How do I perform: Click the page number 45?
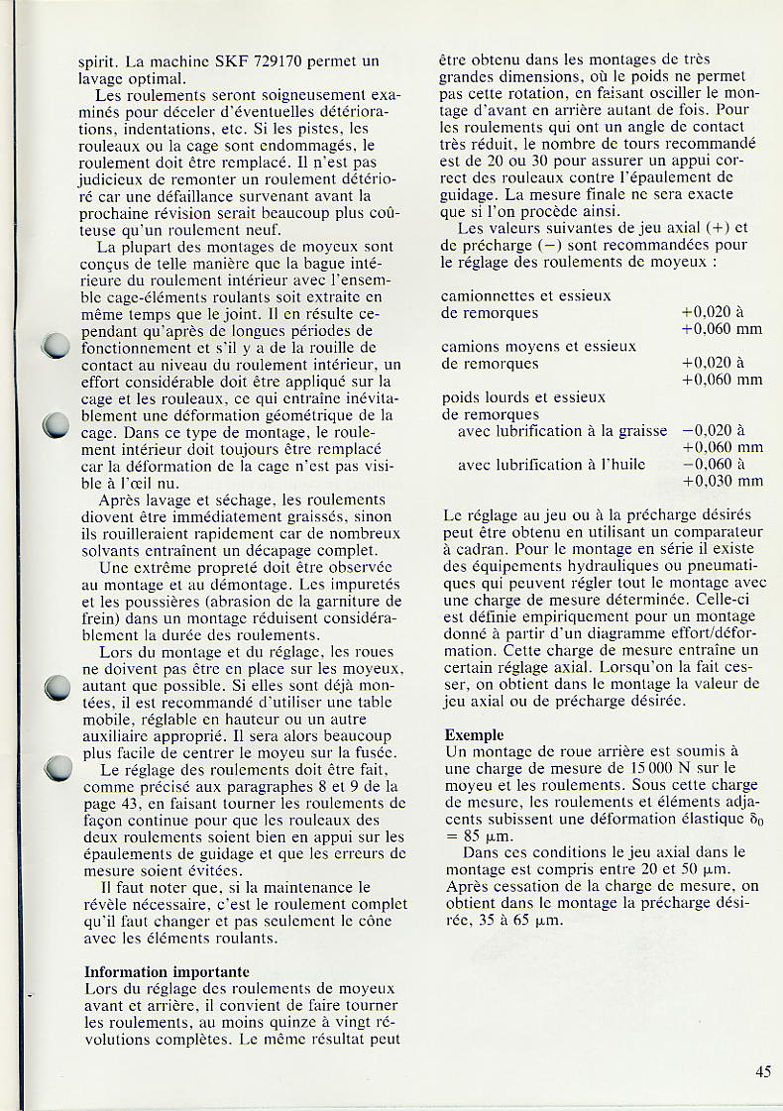762,1070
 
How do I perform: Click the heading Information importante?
167,972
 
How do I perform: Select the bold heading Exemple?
475,734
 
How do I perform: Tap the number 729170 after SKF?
276,61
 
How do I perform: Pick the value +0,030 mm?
723,481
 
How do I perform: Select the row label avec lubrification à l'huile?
551,464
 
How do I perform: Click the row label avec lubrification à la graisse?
562,431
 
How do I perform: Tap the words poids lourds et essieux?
522,397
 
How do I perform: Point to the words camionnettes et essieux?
525,295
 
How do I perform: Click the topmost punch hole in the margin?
57,346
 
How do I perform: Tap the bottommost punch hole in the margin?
58,768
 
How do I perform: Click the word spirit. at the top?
100,61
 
